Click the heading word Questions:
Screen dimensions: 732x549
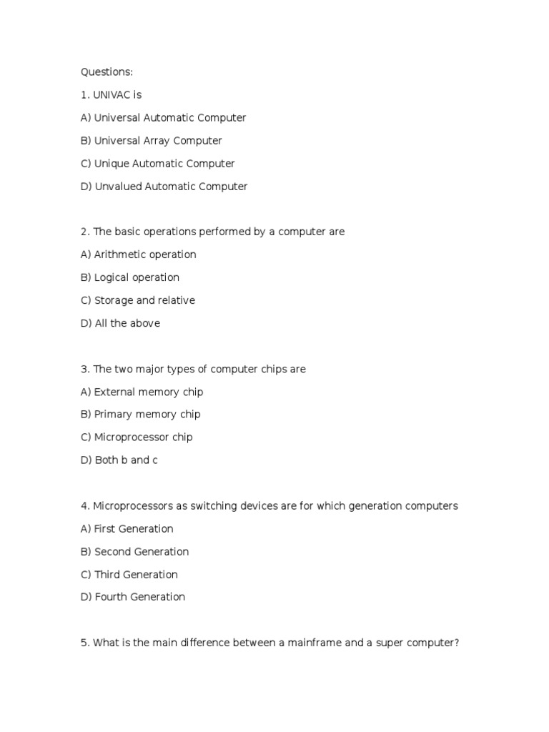click(107, 71)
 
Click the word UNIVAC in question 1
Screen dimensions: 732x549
click(112, 94)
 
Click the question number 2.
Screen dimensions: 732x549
click(84, 232)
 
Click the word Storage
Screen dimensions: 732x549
click(114, 300)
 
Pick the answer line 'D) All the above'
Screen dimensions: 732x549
click(120, 323)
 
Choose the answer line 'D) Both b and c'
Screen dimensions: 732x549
click(119, 460)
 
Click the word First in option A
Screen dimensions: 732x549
click(106, 528)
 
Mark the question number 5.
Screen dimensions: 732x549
click(84, 643)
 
